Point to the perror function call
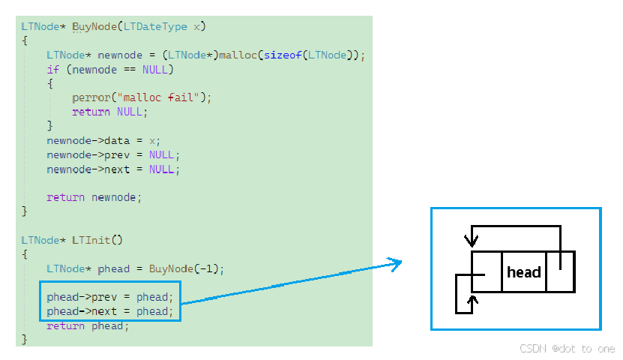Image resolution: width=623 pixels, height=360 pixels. coord(90,97)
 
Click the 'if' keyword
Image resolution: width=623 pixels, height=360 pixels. coord(52,70)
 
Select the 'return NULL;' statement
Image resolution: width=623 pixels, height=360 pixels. coord(109,112)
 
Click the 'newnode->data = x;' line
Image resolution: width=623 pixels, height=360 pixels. coord(103,140)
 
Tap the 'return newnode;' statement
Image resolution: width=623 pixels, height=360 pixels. coord(94,197)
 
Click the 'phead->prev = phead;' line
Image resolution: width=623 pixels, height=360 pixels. coord(109,297)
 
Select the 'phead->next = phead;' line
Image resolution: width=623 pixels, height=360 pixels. coord(109,311)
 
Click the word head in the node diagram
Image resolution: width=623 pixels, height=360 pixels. coord(523,272)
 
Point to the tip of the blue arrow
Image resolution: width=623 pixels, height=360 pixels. coord(400,262)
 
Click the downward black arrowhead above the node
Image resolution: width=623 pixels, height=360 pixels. coord(471,241)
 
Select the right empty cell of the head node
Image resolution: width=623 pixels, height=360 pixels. coord(560,271)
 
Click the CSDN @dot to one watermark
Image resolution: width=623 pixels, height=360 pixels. coord(568,349)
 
